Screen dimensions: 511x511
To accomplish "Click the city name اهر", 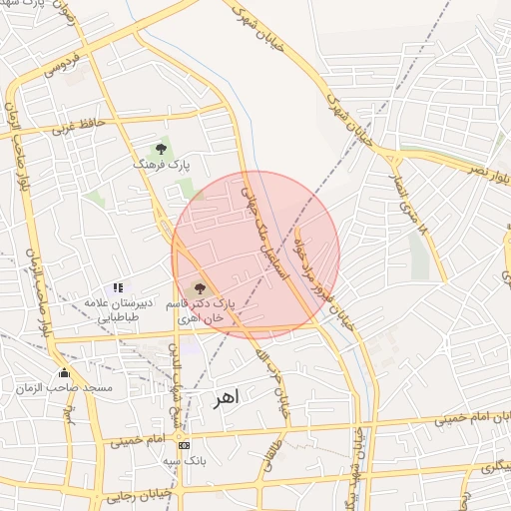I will tap(227, 398).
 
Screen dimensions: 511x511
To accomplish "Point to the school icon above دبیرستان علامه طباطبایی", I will tap(118, 287).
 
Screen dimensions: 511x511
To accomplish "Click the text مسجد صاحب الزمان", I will tap(71, 387).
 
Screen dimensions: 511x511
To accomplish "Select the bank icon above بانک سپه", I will tap(183, 445).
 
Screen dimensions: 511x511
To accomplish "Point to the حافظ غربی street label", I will tap(77, 128).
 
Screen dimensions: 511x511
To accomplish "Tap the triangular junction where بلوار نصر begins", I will tap(396, 158).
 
